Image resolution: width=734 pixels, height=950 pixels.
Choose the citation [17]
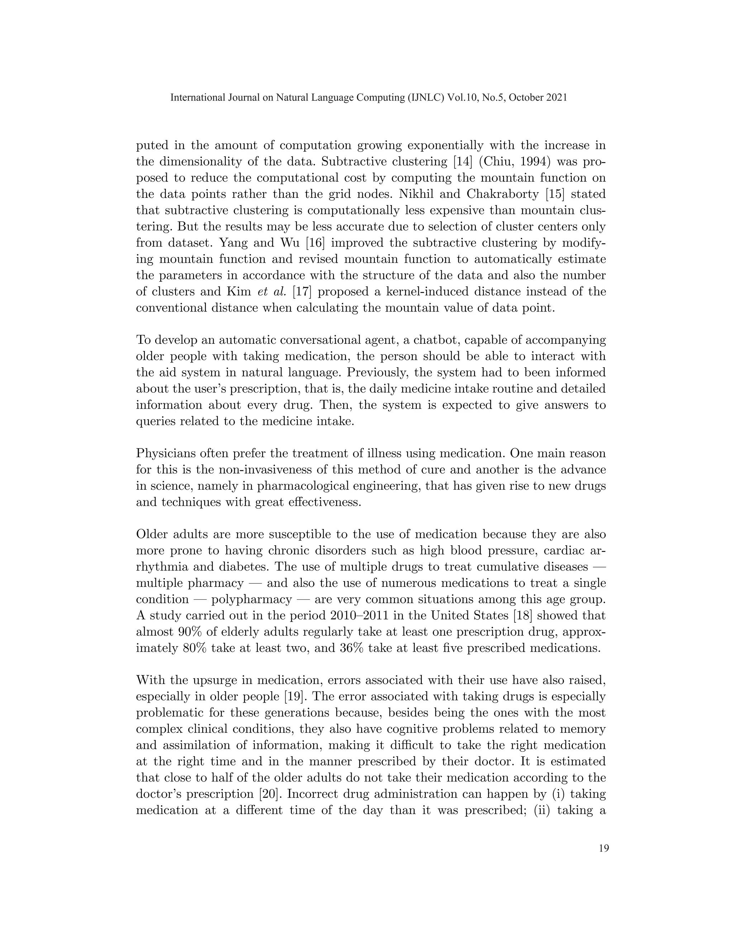click(302, 291)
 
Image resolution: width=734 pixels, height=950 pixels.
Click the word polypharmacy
click(251, 599)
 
